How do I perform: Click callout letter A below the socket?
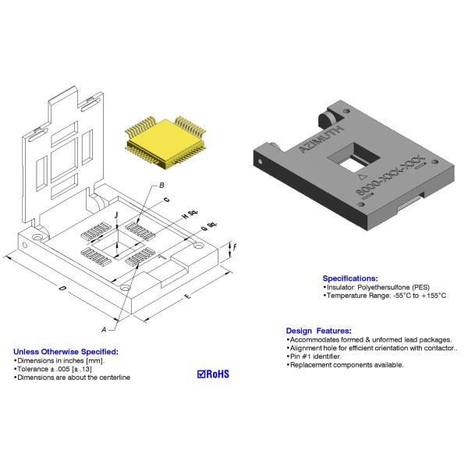tap(104, 329)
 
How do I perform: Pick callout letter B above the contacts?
tap(161, 185)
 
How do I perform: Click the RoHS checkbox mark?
tap(202, 374)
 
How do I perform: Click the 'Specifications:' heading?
tap(350, 278)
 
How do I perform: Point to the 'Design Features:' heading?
tap(318, 331)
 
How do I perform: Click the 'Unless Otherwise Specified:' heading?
tap(66, 352)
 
